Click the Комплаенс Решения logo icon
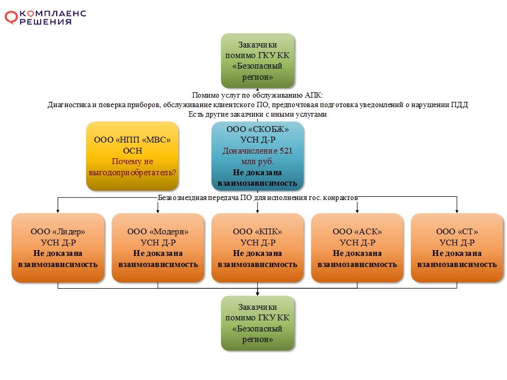point(11,17)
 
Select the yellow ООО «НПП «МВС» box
point(132,156)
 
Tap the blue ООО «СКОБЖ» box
point(257,156)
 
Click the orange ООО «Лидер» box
point(58,248)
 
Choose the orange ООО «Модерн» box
point(158,248)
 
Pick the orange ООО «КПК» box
point(257,248)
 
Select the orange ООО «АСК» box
point(358,248)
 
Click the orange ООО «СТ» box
point(457,248)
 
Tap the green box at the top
point(257,61)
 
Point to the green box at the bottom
point(257,323)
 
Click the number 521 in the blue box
point(286,150)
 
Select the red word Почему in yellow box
point(125,161)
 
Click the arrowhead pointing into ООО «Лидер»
point(58,211)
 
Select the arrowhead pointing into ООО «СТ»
point(457,211)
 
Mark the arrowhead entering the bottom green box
point(257,294)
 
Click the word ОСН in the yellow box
point(133,150)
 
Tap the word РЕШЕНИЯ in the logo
point(45,22)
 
